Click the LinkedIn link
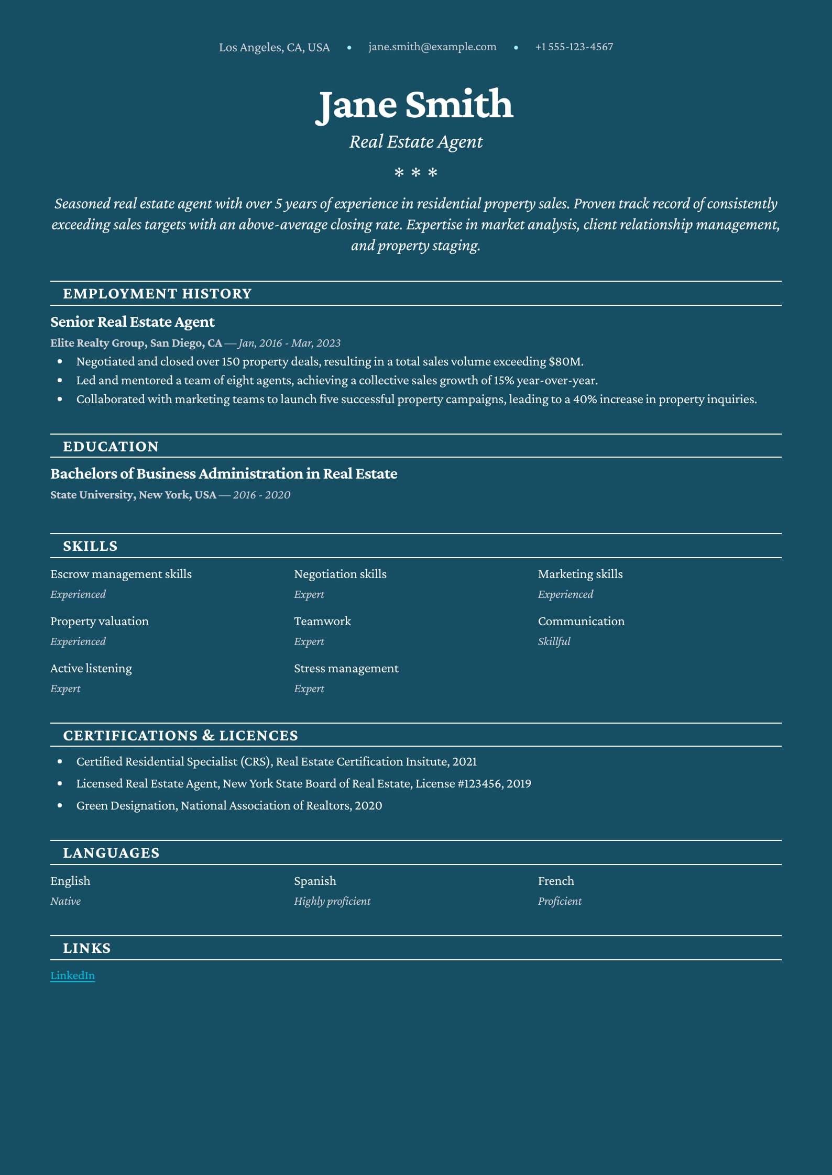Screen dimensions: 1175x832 (x=72, y=975)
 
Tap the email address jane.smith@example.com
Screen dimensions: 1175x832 (x=432, y=47)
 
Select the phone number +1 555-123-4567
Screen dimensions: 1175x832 (x=574, y=47)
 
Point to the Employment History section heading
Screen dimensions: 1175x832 (x=157, y=293)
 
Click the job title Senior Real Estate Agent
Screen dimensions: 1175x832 (x=133, y=322)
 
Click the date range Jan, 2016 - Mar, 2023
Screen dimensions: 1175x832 (x=290, y=343)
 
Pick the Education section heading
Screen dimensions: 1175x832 (x=111, y=446)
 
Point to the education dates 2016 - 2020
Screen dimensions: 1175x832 (x=261, y=495)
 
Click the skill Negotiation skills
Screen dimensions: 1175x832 (x=340, y=574)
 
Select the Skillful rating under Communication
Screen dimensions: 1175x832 (x=554, y=641)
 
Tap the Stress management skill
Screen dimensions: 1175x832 (x=346, y=668)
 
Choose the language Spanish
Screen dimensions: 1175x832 (x=315, y=881)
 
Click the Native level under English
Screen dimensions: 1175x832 (x=65, y=901)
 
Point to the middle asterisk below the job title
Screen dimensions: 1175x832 (x=416, y=172)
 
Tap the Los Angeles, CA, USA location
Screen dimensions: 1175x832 (x=274, y=47)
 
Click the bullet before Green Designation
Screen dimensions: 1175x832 (x=60, y=805)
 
